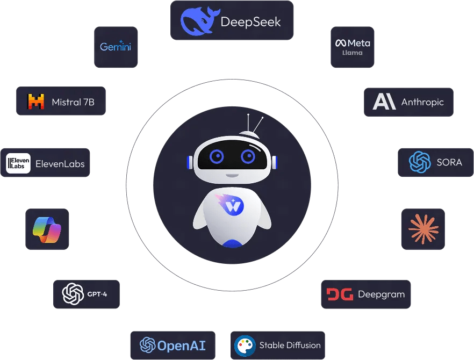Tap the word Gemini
[x=116, y=47]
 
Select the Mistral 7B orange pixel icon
[x=36, y=101]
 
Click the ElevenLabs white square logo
[x=18, y=163]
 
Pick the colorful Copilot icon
[x=47, y=229]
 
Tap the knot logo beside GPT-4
[x=73, y=294]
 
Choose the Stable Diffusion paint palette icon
[x=245, y=345]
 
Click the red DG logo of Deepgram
[x=339, y=294]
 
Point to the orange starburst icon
[x=423, y=229]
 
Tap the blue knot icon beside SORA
[x=420, y=162]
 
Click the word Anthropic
[x=422, y=102]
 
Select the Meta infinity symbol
[x=340, y=43]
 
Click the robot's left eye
[x=217, y=156]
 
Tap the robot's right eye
[x=248, y=156]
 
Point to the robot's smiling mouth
[x=232, y=175]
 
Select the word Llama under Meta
[x=353, y=53]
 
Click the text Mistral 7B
[x=73, y=102]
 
